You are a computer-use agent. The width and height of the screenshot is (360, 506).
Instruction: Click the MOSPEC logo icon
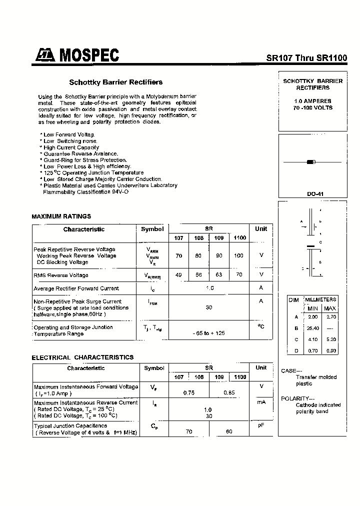click(46, 56)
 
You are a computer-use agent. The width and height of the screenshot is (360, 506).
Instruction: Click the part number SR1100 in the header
click(331, 57)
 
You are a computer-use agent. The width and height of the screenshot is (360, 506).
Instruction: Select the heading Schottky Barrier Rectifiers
click(115, 82)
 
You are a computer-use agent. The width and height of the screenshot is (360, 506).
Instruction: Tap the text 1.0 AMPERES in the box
click(313, 101)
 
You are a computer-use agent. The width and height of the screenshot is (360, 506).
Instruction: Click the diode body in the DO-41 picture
click(310, 161)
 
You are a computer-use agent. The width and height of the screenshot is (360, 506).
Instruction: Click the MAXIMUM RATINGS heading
click(61, 216)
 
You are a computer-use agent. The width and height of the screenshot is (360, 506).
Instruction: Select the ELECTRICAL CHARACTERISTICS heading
click(82, 357)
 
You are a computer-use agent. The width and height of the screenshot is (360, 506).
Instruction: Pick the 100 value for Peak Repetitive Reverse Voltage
click(238, 255)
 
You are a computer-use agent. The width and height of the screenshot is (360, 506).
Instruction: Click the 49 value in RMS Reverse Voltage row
click(178, 274)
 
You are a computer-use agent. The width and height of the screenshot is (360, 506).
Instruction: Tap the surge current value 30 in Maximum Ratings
click(208, 307)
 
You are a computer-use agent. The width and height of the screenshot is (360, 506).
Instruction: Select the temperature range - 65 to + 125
click(208, 333)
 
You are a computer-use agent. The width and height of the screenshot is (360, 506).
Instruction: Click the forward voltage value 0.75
click(188, 392)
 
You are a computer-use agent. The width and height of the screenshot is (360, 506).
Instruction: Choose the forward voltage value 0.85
click(229, 392)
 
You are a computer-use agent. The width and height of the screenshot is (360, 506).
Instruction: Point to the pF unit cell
click(260, 425)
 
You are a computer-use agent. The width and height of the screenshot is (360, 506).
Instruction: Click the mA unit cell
click(260, 402)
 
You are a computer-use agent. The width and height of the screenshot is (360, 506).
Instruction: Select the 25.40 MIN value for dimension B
click(313, 328)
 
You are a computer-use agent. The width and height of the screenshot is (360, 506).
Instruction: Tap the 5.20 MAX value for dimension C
click(330, 339)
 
